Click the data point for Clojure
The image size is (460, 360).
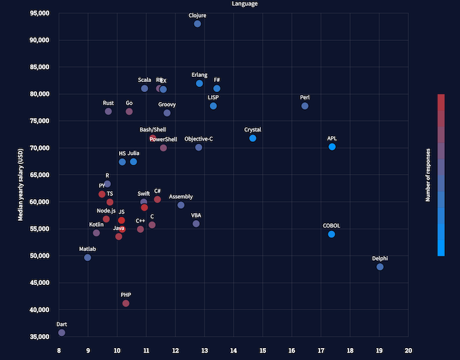197,24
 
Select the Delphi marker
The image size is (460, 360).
380,267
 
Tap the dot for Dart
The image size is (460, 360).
62,332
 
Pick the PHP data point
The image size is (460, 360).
126,303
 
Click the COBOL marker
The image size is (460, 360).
331,235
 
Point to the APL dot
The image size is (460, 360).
332,147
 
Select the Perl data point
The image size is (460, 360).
305,106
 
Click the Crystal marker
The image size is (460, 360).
253,138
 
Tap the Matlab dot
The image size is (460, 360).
88,258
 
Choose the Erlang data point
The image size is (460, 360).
199,83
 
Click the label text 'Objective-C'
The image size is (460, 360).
198,139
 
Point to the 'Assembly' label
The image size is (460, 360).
181,197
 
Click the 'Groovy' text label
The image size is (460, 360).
167,105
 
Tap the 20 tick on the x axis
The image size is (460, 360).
408,350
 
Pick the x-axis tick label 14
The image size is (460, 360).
234,350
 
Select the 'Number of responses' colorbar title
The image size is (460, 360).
428,175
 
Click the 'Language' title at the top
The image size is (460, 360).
244,4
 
